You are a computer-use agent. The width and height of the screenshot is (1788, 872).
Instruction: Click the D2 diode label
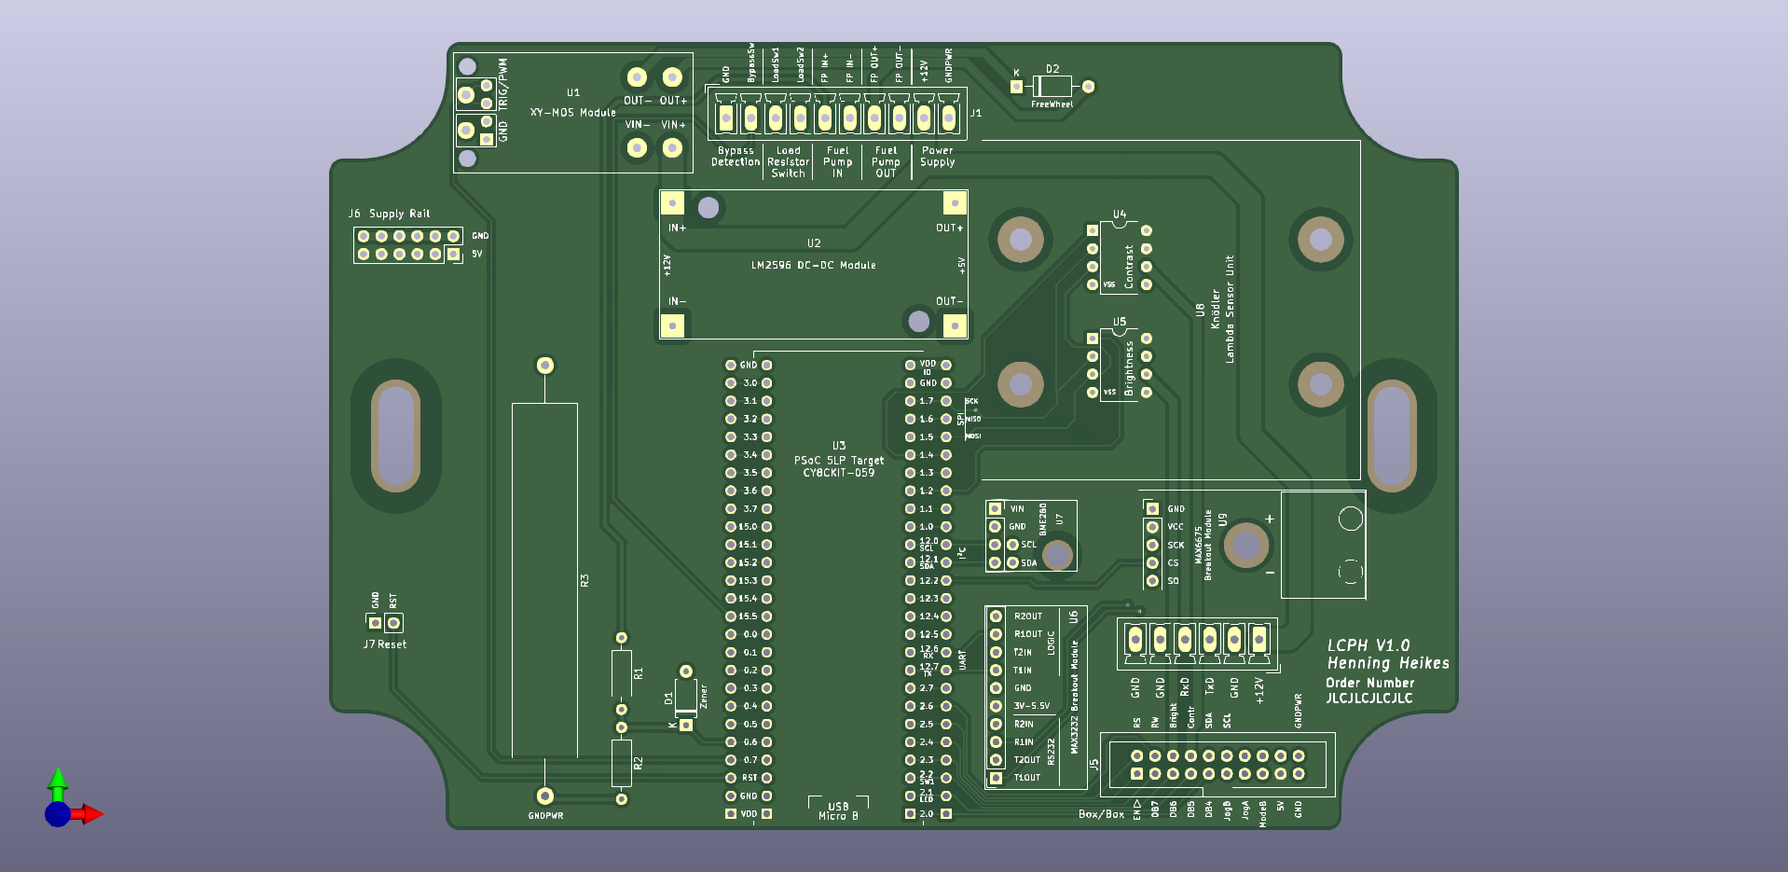1052,69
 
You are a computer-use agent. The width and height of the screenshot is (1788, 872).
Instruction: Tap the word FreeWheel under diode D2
1052,104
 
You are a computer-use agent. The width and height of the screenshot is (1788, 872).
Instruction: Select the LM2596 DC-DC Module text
813,266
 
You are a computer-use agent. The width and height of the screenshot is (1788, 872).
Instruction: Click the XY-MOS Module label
572,113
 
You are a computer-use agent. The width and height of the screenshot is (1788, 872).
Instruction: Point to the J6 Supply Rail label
390,214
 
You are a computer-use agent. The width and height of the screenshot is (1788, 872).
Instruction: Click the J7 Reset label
385,644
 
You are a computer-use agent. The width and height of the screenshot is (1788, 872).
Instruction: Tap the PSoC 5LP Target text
838,461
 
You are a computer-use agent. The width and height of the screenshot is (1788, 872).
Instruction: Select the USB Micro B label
838,811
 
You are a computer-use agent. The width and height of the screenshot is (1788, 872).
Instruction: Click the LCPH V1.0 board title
1368,645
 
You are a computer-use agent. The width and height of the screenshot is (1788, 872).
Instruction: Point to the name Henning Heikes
1387,663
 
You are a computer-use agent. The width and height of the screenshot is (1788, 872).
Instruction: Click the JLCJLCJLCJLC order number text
1369,699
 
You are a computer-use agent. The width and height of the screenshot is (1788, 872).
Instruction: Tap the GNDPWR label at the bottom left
545,816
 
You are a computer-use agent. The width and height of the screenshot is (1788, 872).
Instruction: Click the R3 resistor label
585,580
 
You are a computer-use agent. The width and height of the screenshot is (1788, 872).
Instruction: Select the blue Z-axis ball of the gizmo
57,815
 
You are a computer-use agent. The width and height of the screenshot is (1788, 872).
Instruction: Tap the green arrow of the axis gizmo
58,780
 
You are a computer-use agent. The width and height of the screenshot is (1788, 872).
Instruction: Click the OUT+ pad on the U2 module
955,203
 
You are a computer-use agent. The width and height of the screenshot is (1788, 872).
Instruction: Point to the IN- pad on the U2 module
672,325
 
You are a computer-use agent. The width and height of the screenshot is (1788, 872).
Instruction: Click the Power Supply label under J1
937,157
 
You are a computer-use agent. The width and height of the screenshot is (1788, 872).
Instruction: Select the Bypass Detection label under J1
736,157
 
